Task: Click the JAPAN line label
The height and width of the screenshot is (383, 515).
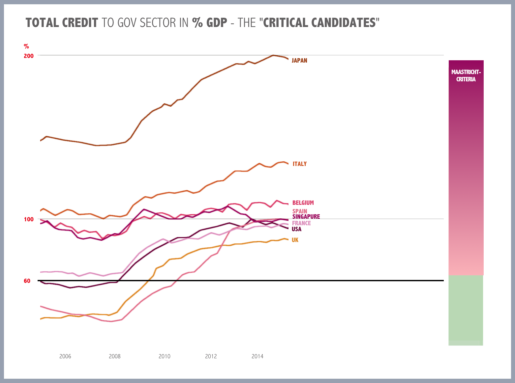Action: pos(299,61)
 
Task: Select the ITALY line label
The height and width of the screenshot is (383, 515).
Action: pos(299,164)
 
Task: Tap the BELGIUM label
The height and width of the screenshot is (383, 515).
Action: pos(303,203)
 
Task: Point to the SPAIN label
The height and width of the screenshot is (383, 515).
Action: pos(300,211)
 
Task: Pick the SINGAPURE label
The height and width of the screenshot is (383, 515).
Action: pos(306,217)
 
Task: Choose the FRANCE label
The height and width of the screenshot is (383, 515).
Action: pos(301,223)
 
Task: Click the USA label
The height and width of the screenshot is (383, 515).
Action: pos(296,229)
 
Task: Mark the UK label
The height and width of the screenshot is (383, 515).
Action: pos(295,240)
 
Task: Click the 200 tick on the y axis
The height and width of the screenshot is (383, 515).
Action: pos(29,56)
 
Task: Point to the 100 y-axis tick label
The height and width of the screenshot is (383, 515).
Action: pos(29,219)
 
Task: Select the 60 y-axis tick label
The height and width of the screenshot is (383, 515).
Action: pos(27,281)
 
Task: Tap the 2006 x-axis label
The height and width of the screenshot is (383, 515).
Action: pos(65,356)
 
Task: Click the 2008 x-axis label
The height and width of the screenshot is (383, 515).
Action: pos(115,356)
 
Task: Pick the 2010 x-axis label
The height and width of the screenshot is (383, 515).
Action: pos(164,356)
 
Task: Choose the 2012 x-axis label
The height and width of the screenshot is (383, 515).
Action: pos(211,356)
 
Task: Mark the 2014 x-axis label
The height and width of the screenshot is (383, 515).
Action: pos(257,356)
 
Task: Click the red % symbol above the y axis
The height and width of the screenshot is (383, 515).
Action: pos(26,46)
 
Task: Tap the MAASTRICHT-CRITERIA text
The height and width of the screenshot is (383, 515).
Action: pos(466,76)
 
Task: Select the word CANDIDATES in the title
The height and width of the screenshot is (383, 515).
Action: pos(343,23)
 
